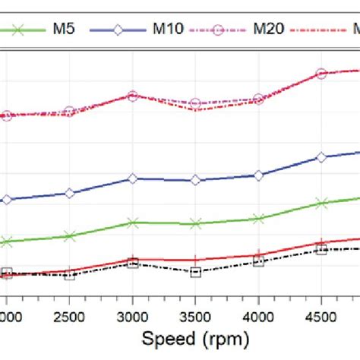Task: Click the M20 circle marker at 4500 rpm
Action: click(x=321, y=74)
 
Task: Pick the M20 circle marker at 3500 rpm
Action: click(x=195, y=103)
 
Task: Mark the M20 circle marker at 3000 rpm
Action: click(x=133, y=96)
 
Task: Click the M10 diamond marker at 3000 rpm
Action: click(x=133, y=178)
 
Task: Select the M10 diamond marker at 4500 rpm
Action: click(x=321, y=157)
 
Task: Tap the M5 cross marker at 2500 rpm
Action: click(x=70, y=236)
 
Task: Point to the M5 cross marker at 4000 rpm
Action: click(x=258, y=219)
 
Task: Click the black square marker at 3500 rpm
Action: click(x=195, y=272)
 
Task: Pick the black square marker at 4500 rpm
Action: click(x=321, y=249)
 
